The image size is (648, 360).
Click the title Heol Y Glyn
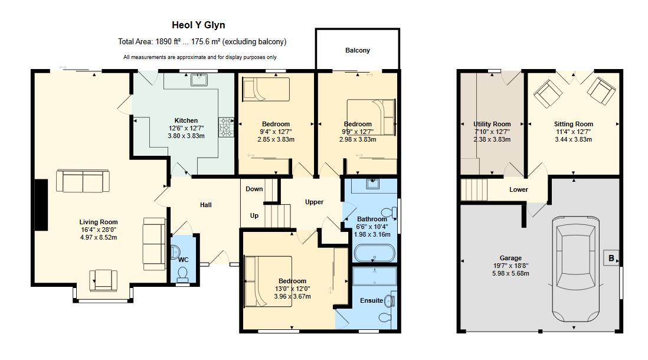coord(198,25)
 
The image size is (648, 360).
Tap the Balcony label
coord(358,50)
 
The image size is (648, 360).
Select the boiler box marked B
coord(610,258)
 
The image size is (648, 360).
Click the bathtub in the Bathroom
coord(375,254)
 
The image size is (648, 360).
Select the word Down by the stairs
coord(254,189)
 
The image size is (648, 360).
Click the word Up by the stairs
coord(254,215)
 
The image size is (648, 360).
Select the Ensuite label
coord(371,300)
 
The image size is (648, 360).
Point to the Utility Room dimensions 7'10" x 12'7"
coord(492,132)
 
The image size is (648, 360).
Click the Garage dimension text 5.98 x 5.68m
coord(510,273)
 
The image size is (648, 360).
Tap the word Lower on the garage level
coord(519,189)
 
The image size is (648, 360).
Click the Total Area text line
coord(202,42)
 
